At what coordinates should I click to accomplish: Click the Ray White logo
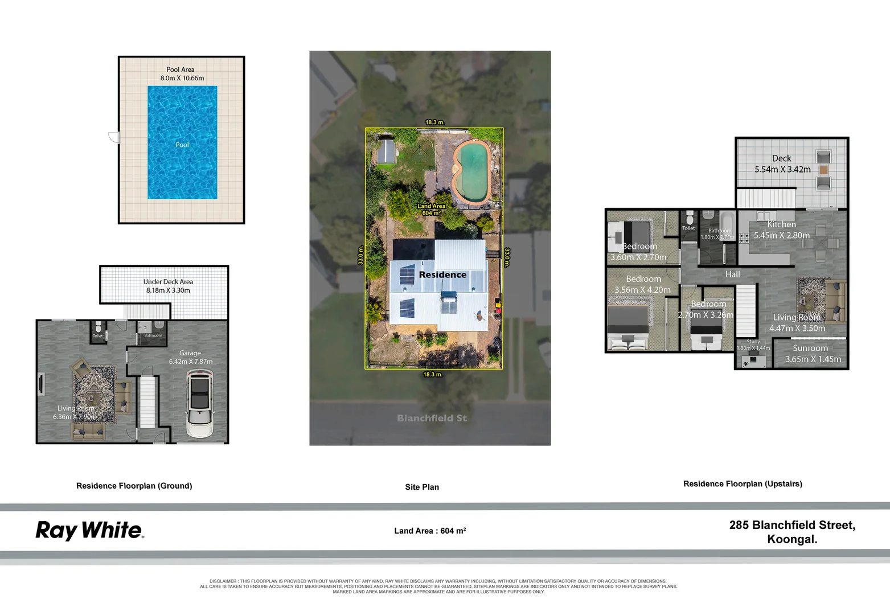89,530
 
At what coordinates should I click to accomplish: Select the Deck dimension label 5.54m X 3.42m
782,170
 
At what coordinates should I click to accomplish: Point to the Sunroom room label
810,348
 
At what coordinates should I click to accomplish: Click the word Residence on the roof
442,274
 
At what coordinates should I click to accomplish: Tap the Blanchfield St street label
432,418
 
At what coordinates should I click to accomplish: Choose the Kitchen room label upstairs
781,224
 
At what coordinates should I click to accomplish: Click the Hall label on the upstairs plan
732,274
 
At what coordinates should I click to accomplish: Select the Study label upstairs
753,342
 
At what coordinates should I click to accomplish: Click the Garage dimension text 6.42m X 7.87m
191,362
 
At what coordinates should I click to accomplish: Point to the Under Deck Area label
168,282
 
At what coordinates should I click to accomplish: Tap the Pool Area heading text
181,69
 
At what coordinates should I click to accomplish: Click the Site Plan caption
422,487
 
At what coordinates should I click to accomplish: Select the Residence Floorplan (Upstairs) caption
743,484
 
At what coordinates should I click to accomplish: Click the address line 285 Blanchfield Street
792,525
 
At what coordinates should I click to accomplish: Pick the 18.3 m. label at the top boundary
434,122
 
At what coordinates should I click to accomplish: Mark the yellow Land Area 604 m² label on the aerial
431,210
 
